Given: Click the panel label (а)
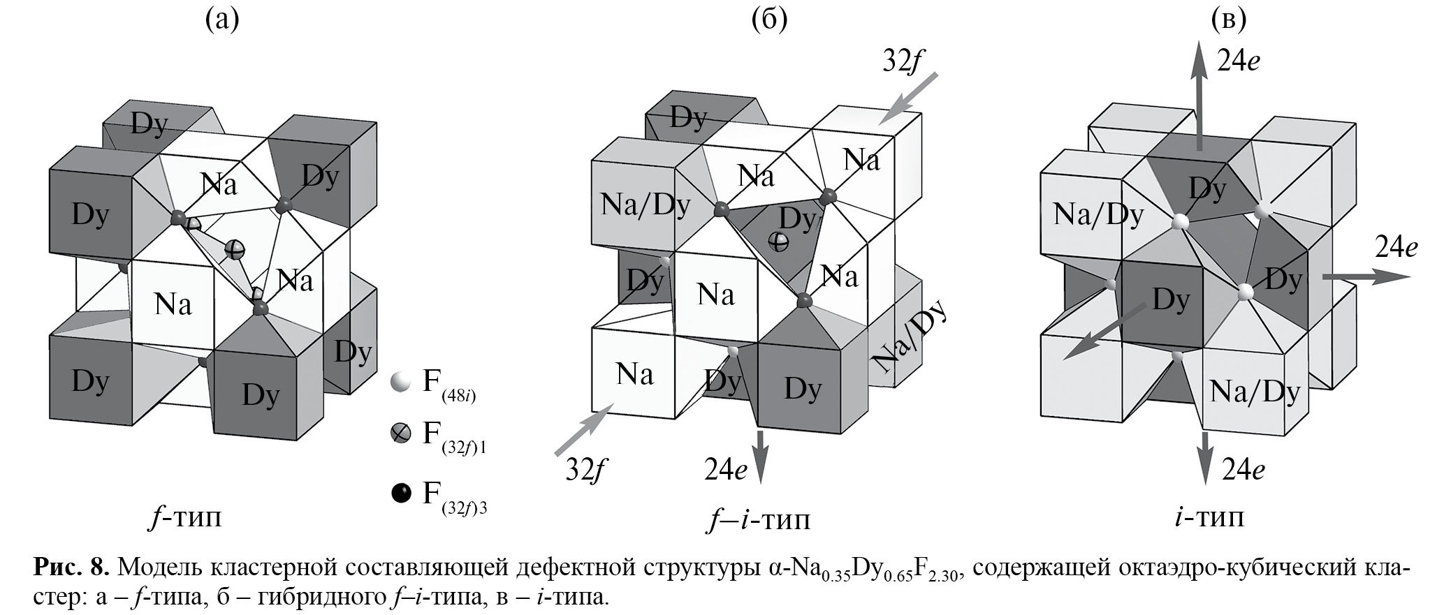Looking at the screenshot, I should coord(221,20).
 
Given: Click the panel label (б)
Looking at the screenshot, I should coord(768,20).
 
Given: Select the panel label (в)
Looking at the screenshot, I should coord(1227,20).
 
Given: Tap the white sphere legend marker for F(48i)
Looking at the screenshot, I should coord(400,382).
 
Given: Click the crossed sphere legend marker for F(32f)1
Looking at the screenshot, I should coord(400,434).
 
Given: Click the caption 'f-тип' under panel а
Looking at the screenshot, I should coord(185,518).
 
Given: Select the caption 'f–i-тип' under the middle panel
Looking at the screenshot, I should coord(758,520).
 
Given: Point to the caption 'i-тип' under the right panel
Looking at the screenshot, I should coord(1209,517).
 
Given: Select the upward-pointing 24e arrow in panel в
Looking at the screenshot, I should coord(1199,94).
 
